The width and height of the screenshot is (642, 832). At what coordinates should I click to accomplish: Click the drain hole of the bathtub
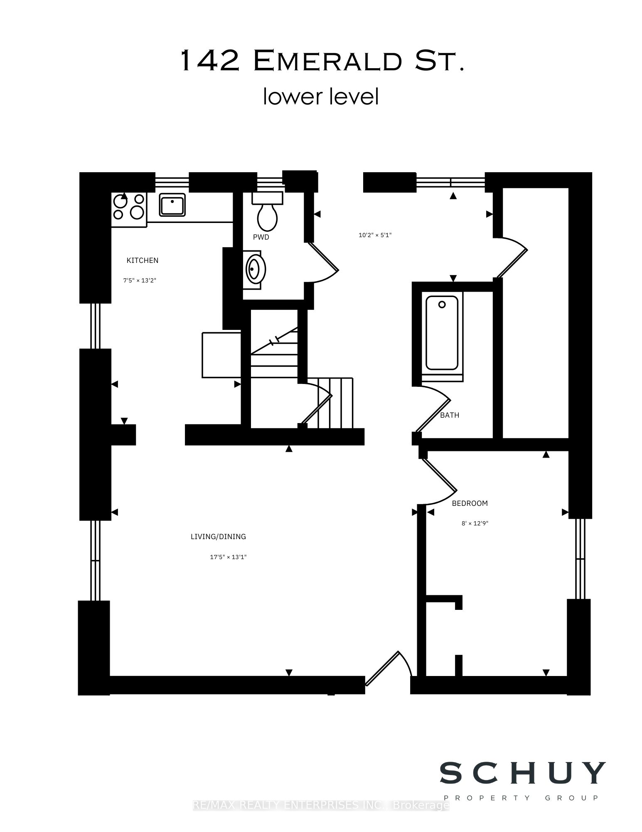pos(442,305)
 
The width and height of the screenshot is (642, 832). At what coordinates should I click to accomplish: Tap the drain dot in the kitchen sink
pos(172,201)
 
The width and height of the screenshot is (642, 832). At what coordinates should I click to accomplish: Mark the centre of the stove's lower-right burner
pos(137,213)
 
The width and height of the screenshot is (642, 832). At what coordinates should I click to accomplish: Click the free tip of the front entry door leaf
pos(398,652)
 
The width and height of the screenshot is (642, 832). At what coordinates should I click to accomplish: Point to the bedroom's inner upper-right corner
pos(568,451)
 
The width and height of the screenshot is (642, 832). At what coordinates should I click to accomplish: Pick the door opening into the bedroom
pos(439,478)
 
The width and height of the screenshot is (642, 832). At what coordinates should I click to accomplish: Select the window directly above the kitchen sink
pos(172,182)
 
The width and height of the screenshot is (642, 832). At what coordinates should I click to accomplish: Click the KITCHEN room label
pos(143,260)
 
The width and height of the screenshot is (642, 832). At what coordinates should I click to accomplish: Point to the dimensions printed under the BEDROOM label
pos(475,523)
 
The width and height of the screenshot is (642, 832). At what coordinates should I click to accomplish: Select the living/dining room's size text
pos(228,557)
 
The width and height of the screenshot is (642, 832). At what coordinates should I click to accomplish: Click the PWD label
pos(261,237)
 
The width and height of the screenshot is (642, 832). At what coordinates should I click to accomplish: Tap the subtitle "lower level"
pos(321,97)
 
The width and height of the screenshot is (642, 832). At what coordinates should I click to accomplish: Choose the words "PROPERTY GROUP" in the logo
pos(521,798)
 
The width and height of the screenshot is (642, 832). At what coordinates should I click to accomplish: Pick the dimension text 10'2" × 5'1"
pos(375,235)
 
